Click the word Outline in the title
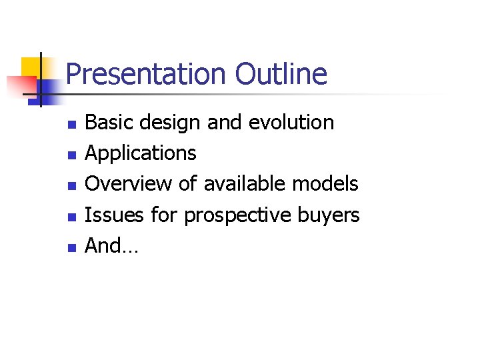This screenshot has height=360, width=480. pyautogui.click(x=281, y=74)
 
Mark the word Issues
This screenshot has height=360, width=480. pyautogui.click(x=109, y=215)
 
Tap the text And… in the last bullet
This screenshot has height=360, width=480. pyautogui.click(x=111, y=246)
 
